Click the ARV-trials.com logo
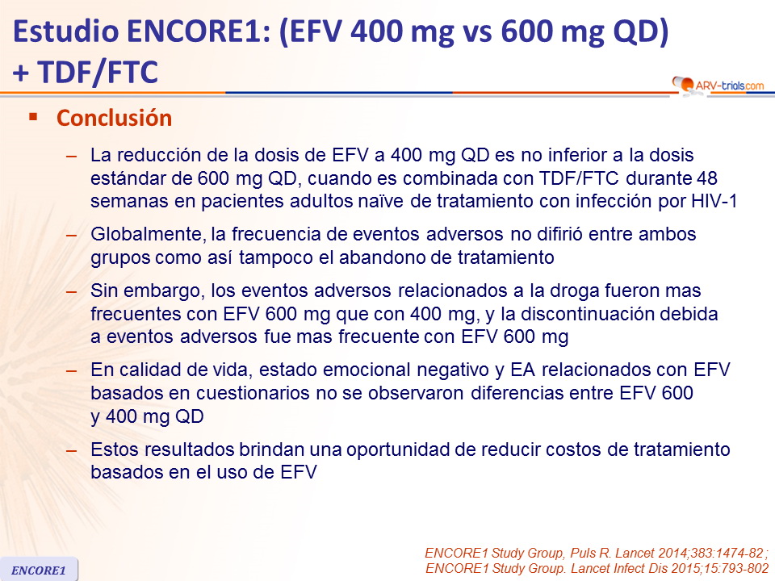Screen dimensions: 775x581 click(718, 85)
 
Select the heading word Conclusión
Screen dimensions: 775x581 click(114, 118)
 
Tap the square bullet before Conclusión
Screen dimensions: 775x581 click(34, 117)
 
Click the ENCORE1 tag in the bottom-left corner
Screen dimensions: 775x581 click(39, 571)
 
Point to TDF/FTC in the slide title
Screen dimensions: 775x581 click(98, 72)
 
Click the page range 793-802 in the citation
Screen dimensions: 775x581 click(743, 569)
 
